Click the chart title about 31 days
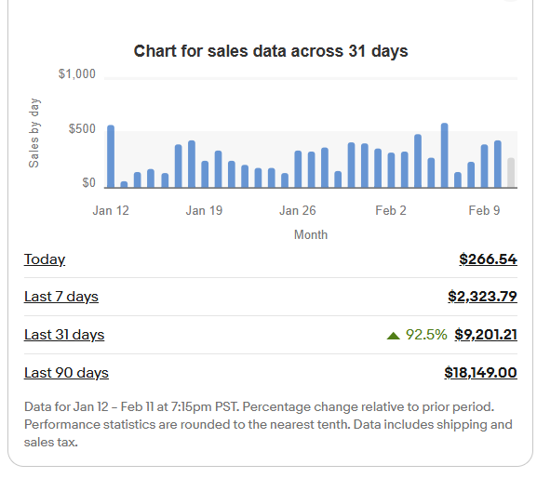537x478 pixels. [271, 51]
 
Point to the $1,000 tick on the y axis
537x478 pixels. [77, 74]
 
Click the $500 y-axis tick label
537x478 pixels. [82, 128]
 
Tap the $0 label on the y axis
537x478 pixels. [88, 183]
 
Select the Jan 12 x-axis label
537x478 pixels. [111, 211]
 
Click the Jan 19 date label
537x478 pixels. [204, 211]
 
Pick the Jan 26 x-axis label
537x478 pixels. [298, 211]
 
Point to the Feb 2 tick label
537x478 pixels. [391, 211]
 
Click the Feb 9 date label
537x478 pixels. [484, 211]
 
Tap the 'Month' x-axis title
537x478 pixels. [310, 235]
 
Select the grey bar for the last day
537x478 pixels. [511, 172]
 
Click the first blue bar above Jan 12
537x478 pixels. [111, 156]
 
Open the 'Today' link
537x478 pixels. [45, 259]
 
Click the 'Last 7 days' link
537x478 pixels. [61, 297]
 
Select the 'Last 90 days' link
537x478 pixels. [66, 373]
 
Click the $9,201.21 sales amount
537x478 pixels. [485, 335]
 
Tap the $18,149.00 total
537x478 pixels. [480, 373]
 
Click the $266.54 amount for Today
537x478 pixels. [488, 259]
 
